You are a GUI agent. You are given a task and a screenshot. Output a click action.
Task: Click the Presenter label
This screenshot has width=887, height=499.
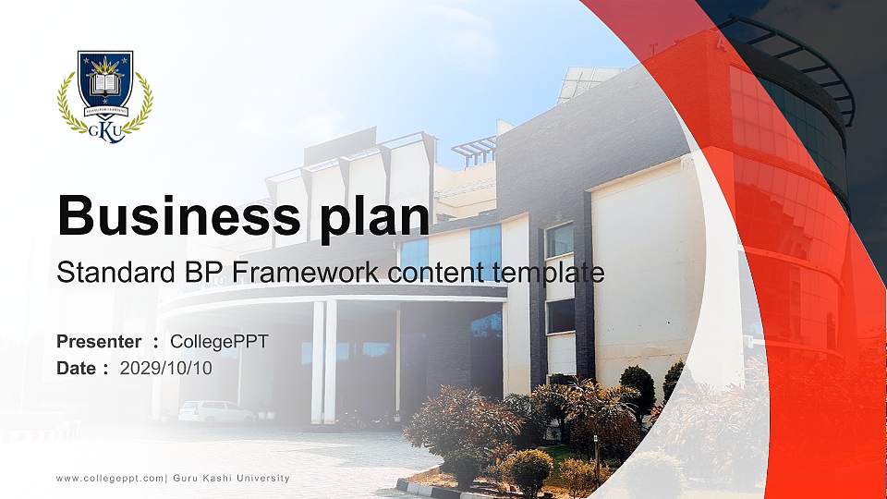99,342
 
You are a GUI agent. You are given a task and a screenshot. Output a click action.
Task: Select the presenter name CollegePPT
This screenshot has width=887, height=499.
219,342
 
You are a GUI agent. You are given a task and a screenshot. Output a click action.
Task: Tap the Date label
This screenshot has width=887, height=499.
77,368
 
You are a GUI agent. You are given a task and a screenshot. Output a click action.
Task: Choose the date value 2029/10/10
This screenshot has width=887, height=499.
166,368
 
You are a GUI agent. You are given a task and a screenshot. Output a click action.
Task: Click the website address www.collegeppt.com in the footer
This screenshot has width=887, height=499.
110,478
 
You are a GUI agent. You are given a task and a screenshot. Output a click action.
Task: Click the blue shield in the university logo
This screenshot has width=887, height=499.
104,81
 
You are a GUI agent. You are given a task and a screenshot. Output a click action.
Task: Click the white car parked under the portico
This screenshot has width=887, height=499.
215,411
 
